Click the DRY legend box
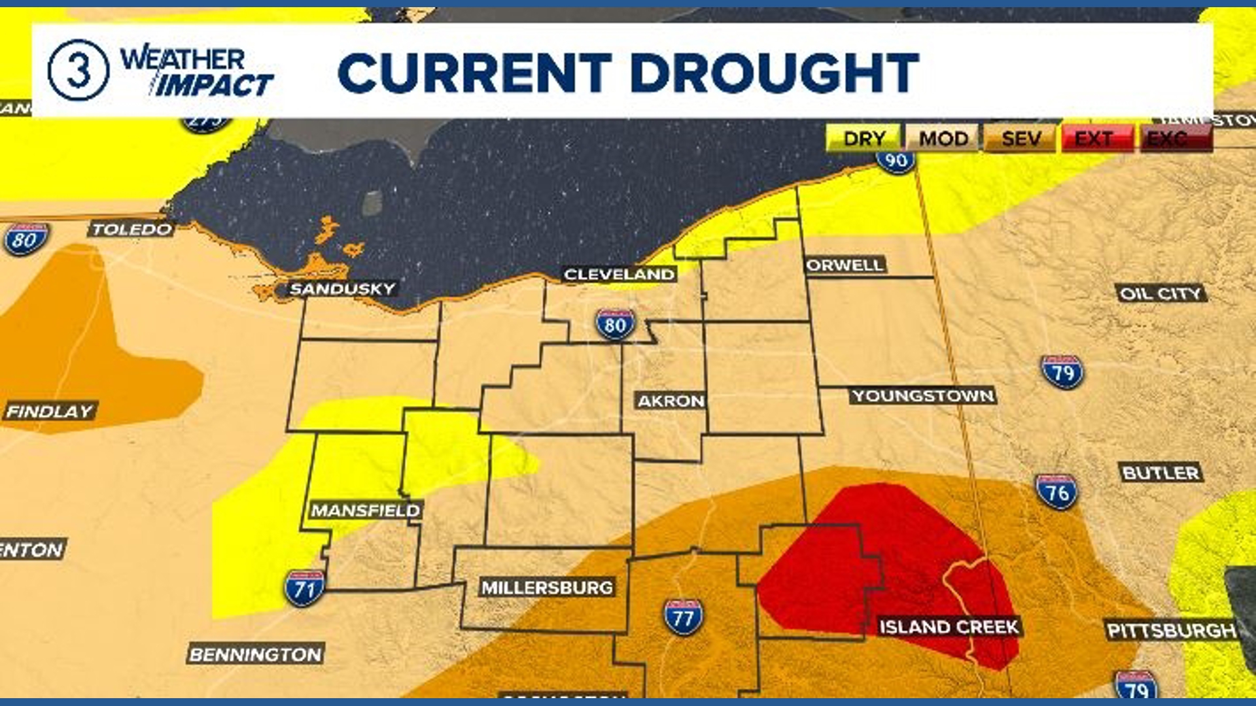click(x=863, y=139)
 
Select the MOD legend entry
click(x=943, y=139)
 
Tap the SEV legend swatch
click(x=1020, y=139)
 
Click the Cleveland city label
click(x=619, y=275)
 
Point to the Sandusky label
click(x=342, y=289)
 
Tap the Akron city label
click(x=671, y=401)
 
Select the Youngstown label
click(x=923, y=395)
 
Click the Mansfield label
click(x=365, y=511)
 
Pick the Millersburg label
click(x=547, y=588)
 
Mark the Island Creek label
click(x=949, y=627)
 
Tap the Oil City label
click(x=1160, y=294)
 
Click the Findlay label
click(x=50, y=411)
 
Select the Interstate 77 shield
click(x=683, y=616)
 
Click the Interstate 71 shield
click(x=304, y=588)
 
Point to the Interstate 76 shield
click(x=1056, y=492)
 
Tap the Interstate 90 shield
click(x=896, y=160)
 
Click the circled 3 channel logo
click(x=78, y=70)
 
